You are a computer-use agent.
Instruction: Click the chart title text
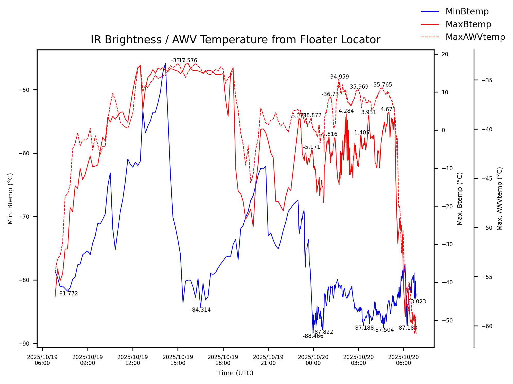(235, 40)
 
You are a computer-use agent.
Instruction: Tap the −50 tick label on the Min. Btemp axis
(24, 90)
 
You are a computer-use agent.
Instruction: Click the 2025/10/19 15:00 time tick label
(178, 360)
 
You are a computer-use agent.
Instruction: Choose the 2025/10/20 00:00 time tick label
(313, 360)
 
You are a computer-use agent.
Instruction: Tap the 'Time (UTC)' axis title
(235, 373)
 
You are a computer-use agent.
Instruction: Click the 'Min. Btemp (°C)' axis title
(10, 199)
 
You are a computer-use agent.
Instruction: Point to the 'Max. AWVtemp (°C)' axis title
(500, 199)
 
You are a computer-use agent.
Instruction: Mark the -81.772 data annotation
(67, 294)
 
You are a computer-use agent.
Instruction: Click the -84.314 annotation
(200, 310)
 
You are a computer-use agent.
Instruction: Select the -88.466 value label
(313, 336)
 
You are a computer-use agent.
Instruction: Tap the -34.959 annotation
(339, 77)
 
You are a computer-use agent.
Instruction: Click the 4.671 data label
(388, 109)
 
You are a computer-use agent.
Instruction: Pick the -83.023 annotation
(416, 302)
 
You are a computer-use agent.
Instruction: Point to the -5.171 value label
(312, 147)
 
